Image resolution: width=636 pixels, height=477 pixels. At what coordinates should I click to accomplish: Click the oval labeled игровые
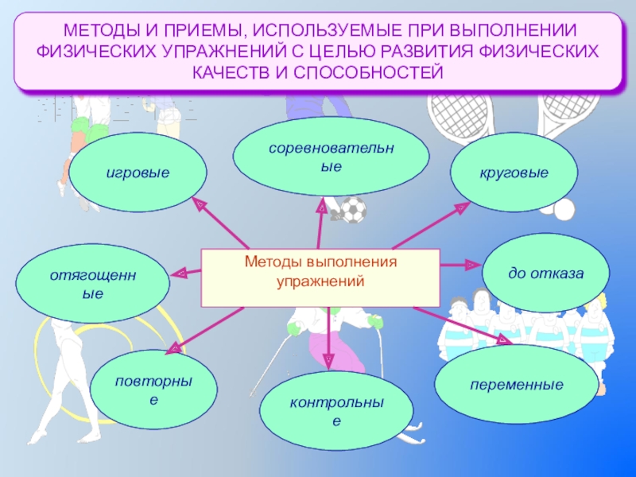pyautogui.click(x=138, y=173)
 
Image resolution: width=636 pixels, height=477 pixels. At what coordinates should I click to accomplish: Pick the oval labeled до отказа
pyautogui.click(x=546, y=274)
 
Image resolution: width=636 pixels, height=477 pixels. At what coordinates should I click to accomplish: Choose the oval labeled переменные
pyautogui.click(x=516, y=385)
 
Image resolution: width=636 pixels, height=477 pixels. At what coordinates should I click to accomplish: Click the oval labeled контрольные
pyautogui.click(x=337, y=410)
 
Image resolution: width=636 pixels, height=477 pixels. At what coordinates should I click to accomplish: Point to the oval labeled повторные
pyautogui.click(x=153, y=387)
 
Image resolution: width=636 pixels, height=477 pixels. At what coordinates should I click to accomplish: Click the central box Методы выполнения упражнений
pyautogui.click(x=320, y=277)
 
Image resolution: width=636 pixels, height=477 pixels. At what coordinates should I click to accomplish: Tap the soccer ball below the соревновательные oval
pyautogui.click(x=353, y=210)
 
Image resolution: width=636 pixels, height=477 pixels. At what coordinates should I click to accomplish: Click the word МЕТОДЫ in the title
pyautogui.click(x=99, y=32)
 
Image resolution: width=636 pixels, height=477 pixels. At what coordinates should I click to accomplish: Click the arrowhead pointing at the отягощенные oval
pyautogui.click(x=180, y=273)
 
